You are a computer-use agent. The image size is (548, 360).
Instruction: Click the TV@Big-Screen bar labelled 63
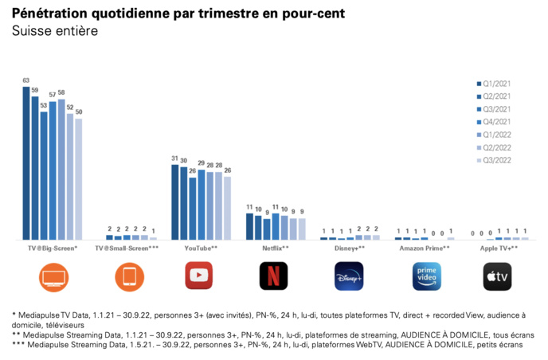pyautogui.click(x=26, y=163)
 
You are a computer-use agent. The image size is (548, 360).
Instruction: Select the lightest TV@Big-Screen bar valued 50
pyautogui.click(x=78, y=179)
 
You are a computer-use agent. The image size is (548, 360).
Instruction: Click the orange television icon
pyautogui.click(x=53, y=276)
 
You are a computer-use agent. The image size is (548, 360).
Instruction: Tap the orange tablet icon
pyautogui.click(x=129, y=276)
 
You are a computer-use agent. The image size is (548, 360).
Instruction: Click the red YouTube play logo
pyautogui.click(x=199, y=276)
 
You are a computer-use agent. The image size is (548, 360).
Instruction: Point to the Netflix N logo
pyautogui.click(x=273, y=276)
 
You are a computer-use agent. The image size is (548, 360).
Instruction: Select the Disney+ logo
pyautogui.click(x=348, y=276)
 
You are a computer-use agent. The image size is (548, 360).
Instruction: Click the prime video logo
pyautogui.click(x=426, y=276)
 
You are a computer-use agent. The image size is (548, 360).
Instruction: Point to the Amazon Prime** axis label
pyautogui.click(x=424, y=249)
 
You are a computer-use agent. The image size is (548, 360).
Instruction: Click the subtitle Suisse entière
pyautogui.click(x=55, y=32)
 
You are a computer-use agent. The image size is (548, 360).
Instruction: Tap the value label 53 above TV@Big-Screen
pyautogui.click(x=44, y=106)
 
